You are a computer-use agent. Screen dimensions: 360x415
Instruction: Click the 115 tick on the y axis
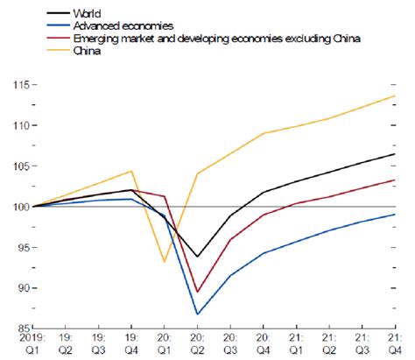point(14,84)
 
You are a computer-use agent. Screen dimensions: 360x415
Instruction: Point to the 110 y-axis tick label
point(14,125)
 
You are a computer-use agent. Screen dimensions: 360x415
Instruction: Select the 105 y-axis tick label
point(14,166)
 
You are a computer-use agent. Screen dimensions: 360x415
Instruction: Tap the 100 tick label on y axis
point(14,207)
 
